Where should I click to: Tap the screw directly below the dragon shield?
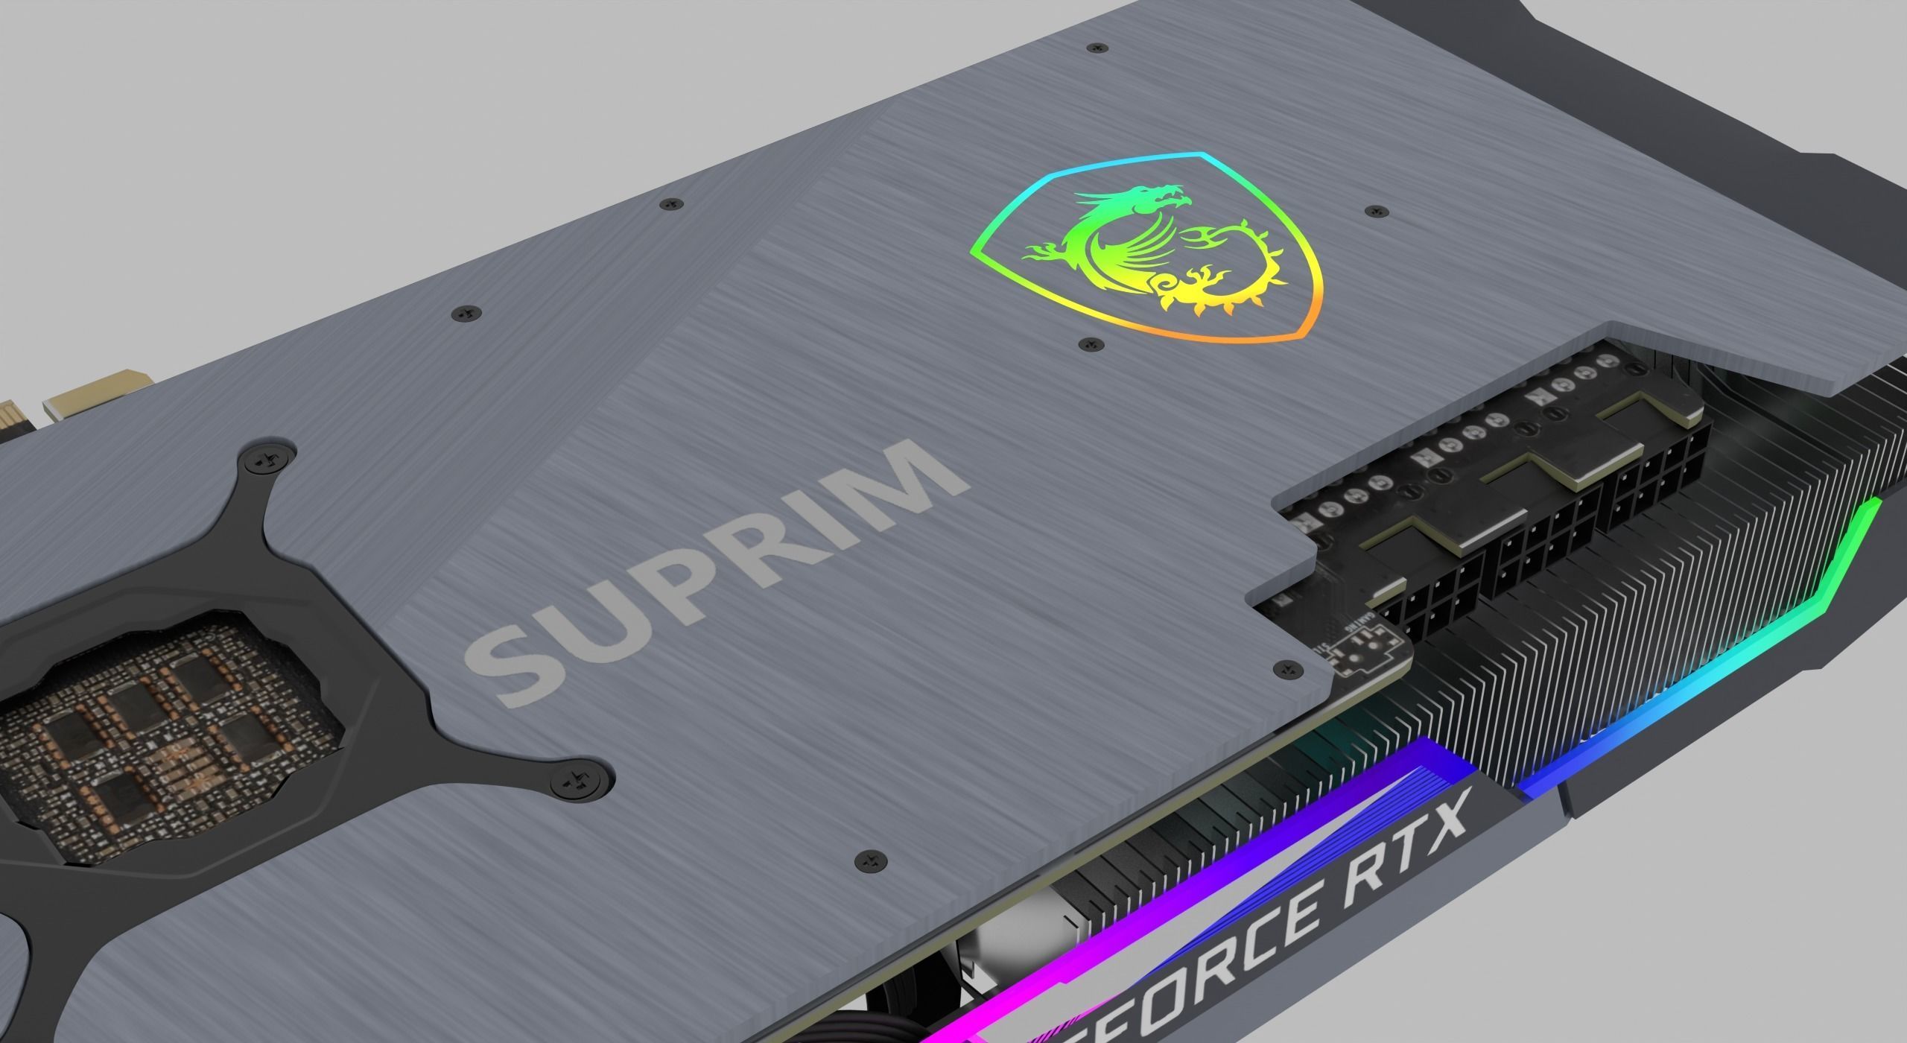[x=1091, y=345]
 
